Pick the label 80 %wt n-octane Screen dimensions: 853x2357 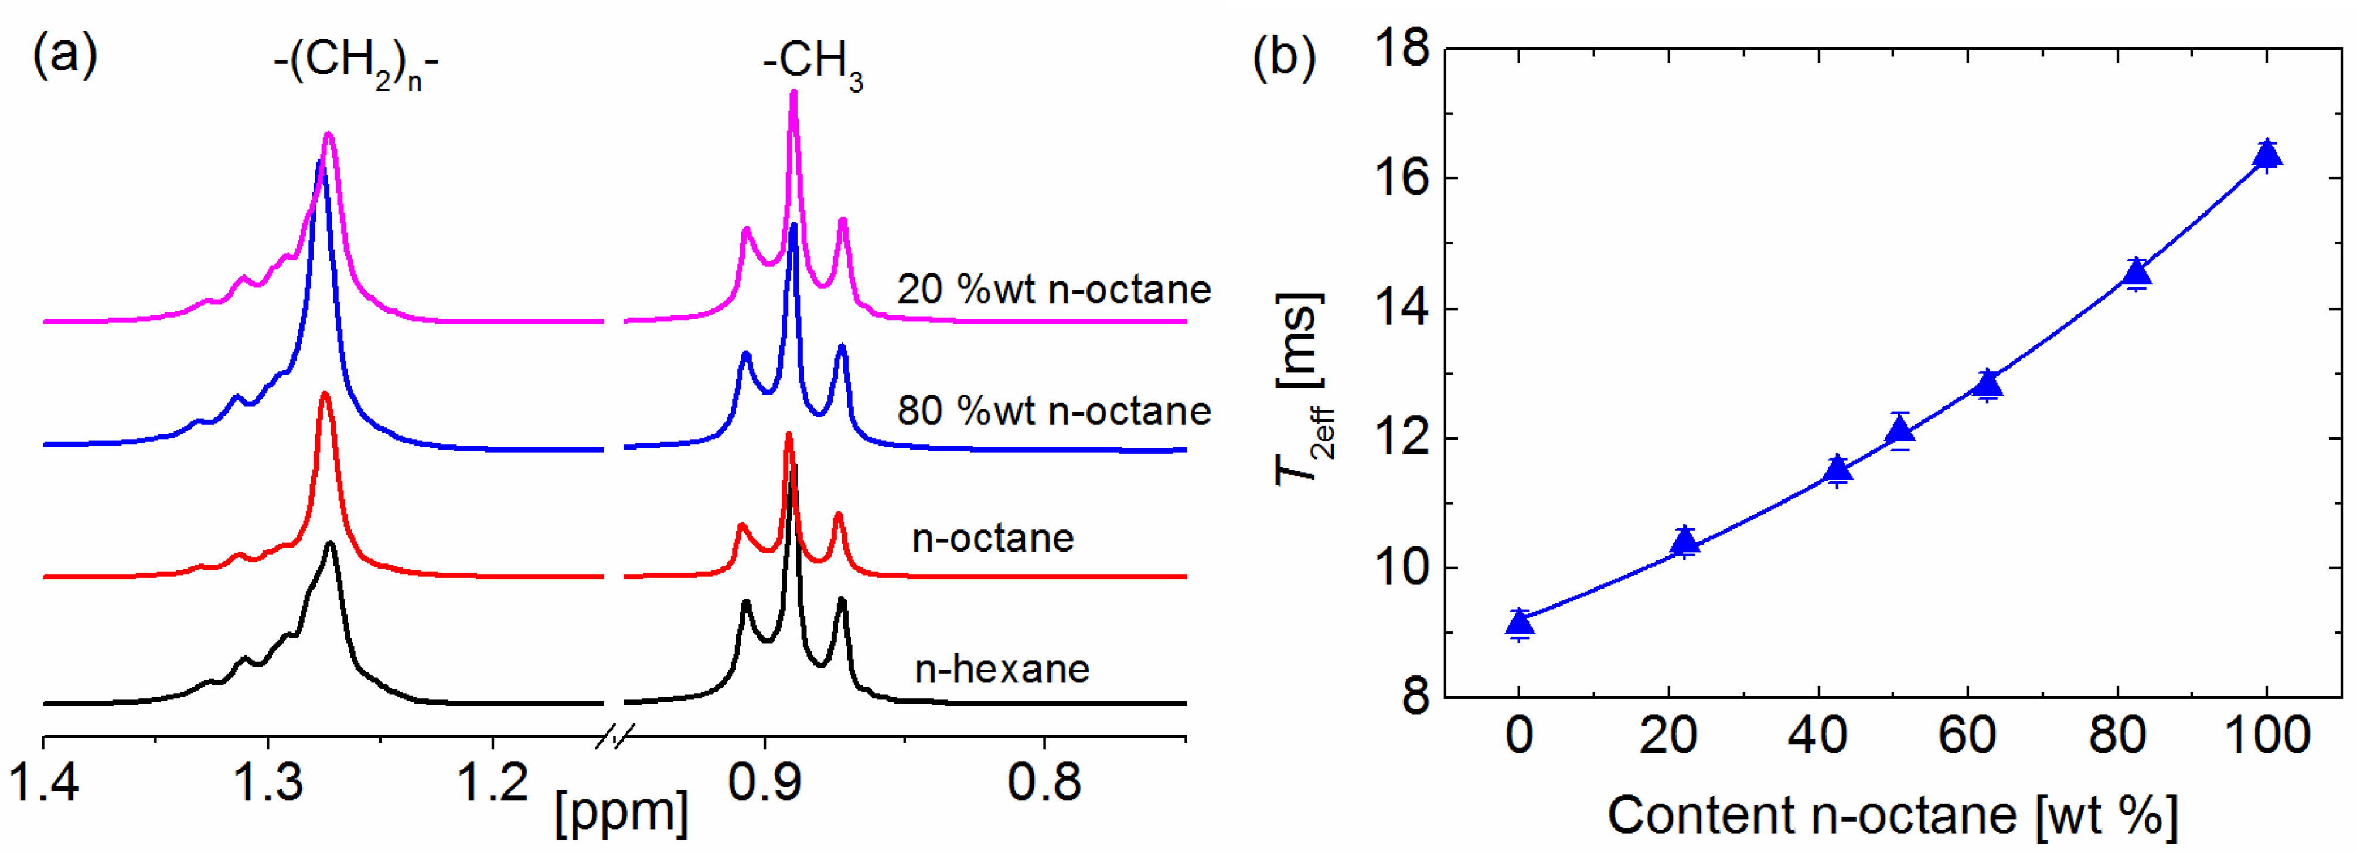click(x=1053, y=411)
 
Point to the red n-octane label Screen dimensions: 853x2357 click(x=993, y=538)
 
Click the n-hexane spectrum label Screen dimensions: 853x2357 click(x=1002, y=669)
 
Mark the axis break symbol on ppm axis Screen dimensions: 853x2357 click(x=615, y=736)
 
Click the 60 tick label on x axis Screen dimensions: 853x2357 click(x=1967, y=736)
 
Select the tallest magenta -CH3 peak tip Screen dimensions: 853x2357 click(x=793, y=93)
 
